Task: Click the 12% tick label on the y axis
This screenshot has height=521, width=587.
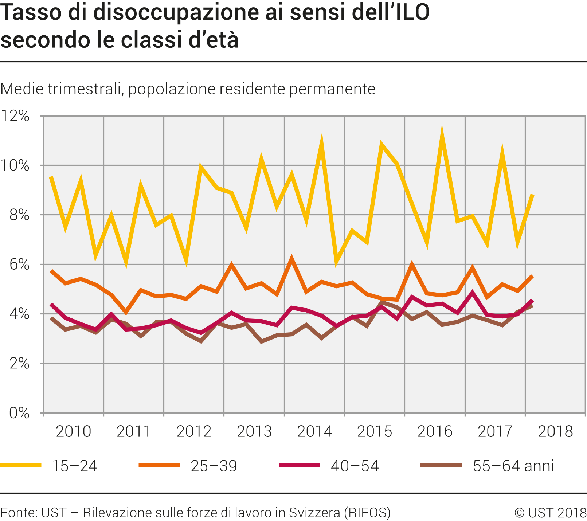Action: (15, 116)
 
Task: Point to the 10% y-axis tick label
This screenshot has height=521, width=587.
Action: (15, 165)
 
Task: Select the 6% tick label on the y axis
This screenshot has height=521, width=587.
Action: (19, 265)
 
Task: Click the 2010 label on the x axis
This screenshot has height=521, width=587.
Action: (74, 431)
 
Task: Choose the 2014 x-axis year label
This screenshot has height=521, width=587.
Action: (315, 431)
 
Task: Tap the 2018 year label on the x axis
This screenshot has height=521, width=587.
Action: (556, 431)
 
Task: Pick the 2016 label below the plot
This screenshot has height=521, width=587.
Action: (435, 431)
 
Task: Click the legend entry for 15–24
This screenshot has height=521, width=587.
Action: (75, 466)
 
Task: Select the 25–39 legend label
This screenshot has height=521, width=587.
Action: (214, 466)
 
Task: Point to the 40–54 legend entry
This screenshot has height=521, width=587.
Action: (355, 466)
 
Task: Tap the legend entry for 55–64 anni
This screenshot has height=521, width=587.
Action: (513, 466)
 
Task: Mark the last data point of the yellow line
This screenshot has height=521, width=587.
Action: (533, 195)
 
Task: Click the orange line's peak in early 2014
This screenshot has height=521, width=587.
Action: (291, 260)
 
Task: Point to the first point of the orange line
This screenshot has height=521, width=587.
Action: (51, 271)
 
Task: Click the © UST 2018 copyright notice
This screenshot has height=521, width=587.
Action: (550, 513)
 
